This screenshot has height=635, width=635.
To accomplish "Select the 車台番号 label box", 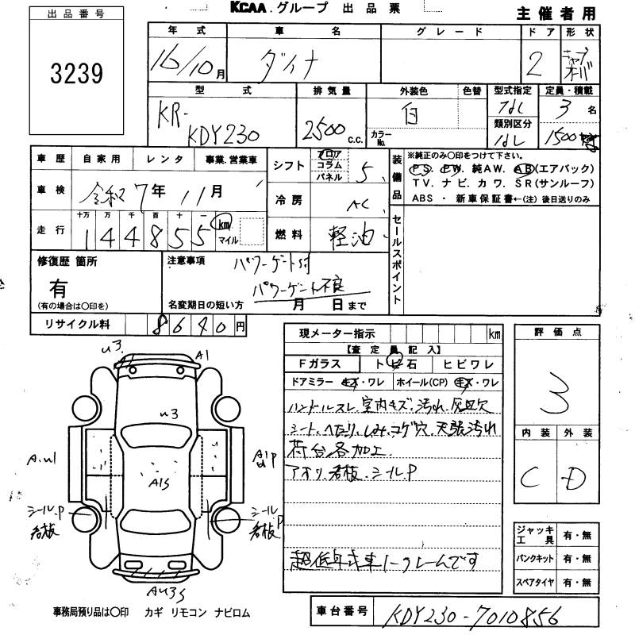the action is pos(341,611).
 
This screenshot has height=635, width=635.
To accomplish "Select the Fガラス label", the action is pos(319,364).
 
